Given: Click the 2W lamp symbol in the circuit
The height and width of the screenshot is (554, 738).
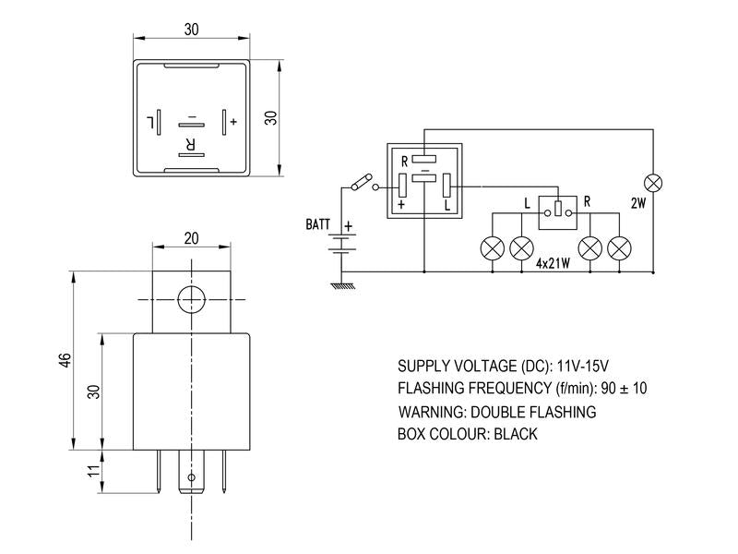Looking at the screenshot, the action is [653, 183].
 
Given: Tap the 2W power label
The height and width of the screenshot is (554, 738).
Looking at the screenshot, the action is [638, 203].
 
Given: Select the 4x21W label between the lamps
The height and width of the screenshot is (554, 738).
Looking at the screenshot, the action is [553, 263].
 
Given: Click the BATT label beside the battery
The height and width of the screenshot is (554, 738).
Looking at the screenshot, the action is [317, 224].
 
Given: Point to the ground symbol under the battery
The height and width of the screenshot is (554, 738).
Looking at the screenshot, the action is [342, 285].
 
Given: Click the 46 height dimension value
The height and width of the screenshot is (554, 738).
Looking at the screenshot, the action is [65, 360].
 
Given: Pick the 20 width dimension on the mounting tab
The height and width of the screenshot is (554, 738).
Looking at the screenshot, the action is [191, 238].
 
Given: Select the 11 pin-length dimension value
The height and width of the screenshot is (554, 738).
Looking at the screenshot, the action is [95, 471].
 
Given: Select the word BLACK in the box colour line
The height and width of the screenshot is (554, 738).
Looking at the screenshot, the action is [516, 434].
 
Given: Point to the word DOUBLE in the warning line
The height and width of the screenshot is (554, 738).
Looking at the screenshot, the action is [498, 412].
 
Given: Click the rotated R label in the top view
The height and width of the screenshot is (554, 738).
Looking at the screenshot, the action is [191, 144].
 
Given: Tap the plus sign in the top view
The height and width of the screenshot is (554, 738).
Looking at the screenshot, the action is [233, 122].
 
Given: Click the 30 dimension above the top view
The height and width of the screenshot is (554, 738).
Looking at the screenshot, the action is [191, 30].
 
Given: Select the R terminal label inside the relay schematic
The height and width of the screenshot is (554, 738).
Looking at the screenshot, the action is [404, 162].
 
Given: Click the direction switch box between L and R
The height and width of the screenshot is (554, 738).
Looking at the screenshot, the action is [558, 213].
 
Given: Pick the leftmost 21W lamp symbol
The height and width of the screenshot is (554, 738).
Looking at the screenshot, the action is [493, 247].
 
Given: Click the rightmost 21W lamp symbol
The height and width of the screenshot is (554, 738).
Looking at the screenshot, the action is [619, 247].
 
